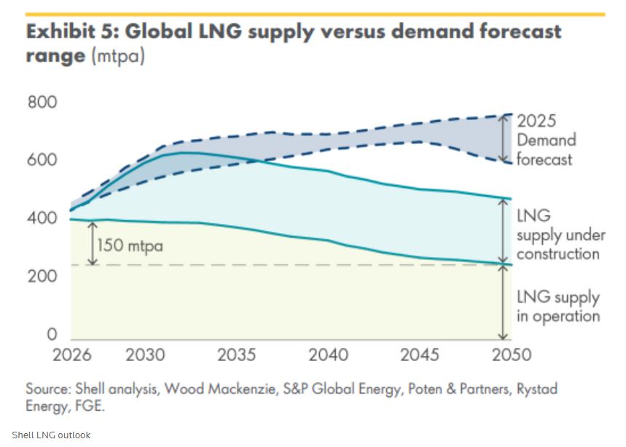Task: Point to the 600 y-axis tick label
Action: click(42, 160)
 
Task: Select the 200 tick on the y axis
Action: click(42, 277)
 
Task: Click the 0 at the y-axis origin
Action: click(52, 335)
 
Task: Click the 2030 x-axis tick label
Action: click(146, 355)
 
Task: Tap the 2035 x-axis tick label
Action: click(237, 355)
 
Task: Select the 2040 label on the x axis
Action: click(328, 355)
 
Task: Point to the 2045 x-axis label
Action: click(419, 355)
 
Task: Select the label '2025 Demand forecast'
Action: click(546, 140)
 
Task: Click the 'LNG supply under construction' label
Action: click(557, 235)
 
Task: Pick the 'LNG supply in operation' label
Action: click(557, 306)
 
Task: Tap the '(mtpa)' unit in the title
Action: click(118, 56)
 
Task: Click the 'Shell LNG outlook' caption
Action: click(51, 435)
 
